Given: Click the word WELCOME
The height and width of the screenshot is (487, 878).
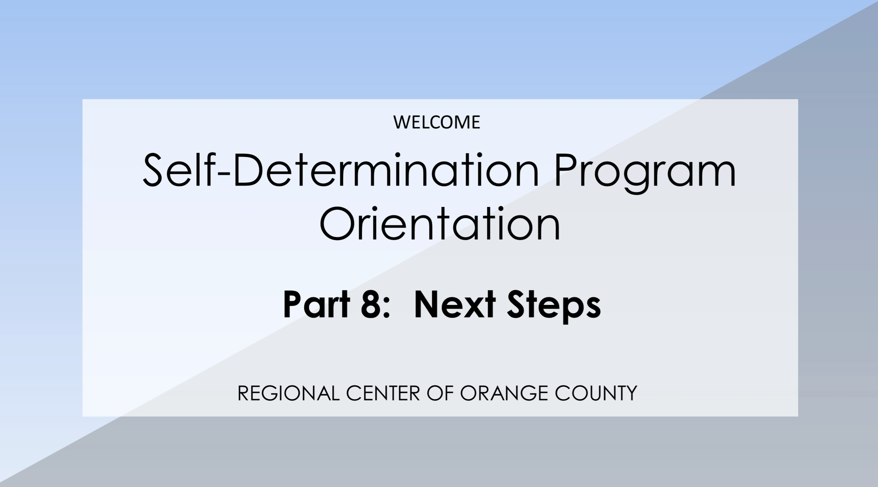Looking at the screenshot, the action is point(437,122).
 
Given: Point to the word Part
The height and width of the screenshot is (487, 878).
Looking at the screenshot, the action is point(317,304).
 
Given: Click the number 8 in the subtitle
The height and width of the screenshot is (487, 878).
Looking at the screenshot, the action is point(370,304).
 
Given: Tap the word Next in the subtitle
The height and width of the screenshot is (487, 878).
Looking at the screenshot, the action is point(455,304).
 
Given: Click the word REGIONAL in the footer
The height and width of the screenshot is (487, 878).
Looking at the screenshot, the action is point(288,393).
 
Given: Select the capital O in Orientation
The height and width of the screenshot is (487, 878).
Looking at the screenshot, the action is point(337,223).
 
